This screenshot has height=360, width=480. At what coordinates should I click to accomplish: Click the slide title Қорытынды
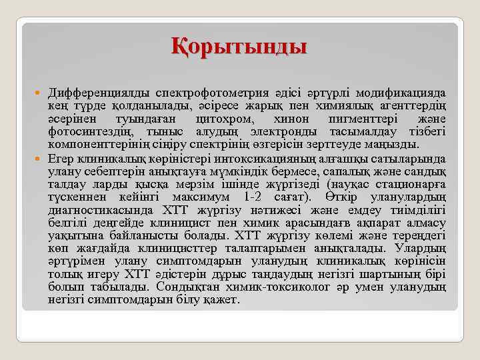tap(240, 47)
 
